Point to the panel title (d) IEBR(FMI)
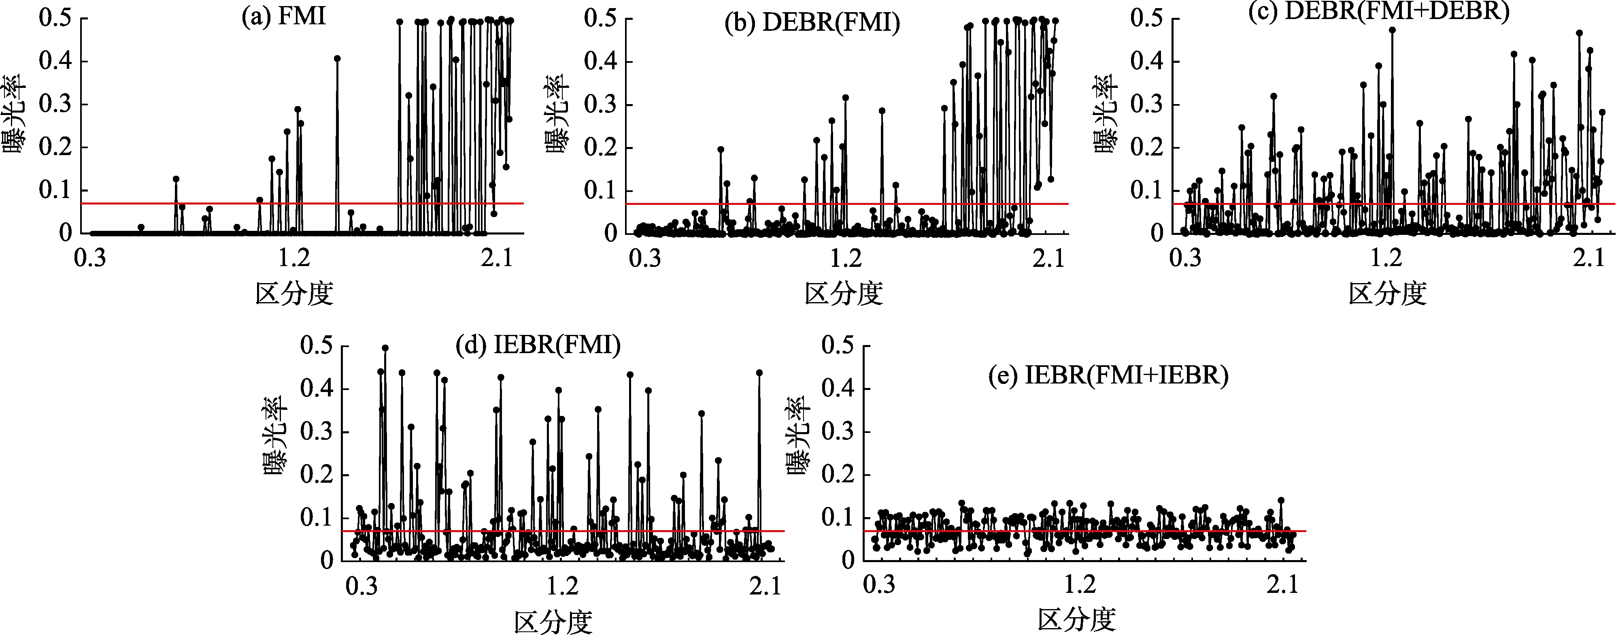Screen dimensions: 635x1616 click(x=538, y=345)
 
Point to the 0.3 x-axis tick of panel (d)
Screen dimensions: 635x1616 click(x=362, y=586)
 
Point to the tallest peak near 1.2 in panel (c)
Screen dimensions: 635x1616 click(x=1392, y=30)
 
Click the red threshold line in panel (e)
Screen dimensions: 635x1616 click(x=1192, y=531)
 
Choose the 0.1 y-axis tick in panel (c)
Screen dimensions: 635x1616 click(x=1147, y=190)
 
